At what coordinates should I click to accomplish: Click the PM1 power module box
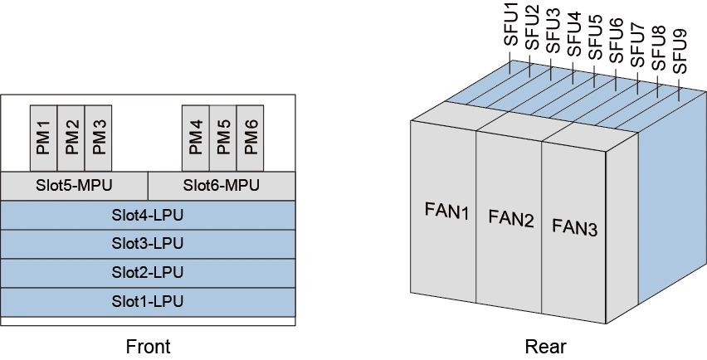coord(43,138)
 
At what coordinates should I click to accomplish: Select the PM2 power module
coord(71,138)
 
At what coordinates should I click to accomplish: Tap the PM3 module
coord(99,138)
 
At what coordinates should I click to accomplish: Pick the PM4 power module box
coord(196,138)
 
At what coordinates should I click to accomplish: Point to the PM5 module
coord(223,138)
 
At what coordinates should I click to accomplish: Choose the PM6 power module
coord(251,138)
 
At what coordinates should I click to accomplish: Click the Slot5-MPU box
coord(74,185)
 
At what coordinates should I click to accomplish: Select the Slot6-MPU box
coord(222,185)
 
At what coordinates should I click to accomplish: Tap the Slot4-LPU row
coord(148,215)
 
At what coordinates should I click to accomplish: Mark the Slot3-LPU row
coord(148,244)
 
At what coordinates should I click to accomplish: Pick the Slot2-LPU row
coord(148,272)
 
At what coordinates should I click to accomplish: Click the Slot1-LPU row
coord(148,300)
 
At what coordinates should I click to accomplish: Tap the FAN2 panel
coord(509,219)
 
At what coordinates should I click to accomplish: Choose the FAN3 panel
coord(574,226)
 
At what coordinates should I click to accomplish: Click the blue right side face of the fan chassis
coord(668,207)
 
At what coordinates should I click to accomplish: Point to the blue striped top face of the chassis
coord(564,100)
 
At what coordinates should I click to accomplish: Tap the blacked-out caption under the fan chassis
coord(546,347)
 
